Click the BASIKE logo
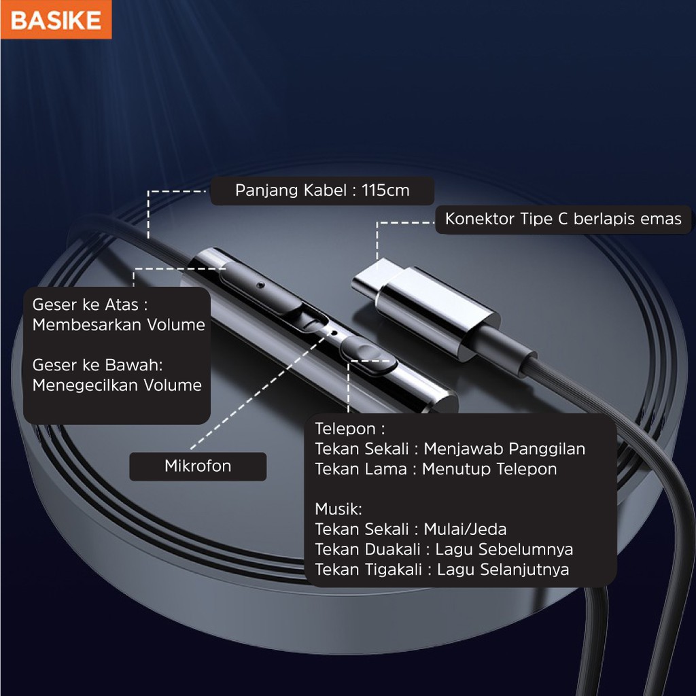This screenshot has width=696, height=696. click(x=56, y=20)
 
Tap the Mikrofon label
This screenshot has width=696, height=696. click(x=198, y=466)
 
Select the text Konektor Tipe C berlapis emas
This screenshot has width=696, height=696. click(x=563, y=219)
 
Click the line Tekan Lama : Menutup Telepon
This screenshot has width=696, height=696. click(x=436, y=469)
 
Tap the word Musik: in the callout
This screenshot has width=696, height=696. click(x=338, y=508)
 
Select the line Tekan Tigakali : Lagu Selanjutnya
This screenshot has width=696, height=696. click(x=442, y=570)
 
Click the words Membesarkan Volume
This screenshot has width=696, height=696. click(x=119, y=325)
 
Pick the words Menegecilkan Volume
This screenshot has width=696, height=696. click(x=117, y=385)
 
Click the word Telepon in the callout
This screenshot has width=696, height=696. click(x=345, y=429)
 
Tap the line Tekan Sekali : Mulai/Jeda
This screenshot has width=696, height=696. click(x=411, y=529)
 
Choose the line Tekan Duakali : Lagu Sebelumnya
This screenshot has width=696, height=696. click(x=444, y=549)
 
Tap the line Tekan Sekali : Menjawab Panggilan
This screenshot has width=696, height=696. click(x=450, y=449)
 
